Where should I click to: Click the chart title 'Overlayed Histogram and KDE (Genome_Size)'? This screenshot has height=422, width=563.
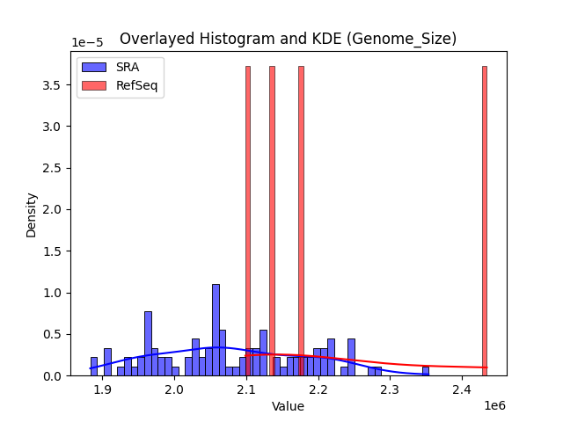[288, 39]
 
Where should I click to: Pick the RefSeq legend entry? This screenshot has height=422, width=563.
[133, 84]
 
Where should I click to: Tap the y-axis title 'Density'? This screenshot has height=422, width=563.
[32, 215]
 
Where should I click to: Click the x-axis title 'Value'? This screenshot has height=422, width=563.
[288, 406]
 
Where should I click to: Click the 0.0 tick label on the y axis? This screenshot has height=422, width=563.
[54, 375]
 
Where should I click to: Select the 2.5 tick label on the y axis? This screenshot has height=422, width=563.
[54, 168]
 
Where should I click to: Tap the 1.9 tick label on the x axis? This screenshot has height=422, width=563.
[102, 389]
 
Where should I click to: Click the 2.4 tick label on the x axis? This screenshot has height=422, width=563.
[463, 389]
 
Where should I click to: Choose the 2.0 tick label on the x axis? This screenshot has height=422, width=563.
[174, 389]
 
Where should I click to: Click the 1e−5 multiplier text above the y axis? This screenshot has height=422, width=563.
[87, 43]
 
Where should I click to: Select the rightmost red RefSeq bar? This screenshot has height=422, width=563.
[484, 220]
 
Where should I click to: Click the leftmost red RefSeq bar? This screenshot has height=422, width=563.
[248, 220]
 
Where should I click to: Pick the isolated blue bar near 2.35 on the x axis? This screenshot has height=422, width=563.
[426, 372]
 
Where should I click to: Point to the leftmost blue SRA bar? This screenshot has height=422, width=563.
[94, 367]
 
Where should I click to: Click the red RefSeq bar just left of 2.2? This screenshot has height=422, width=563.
[301, 220]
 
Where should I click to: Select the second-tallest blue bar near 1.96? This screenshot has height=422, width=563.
[148, 344]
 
